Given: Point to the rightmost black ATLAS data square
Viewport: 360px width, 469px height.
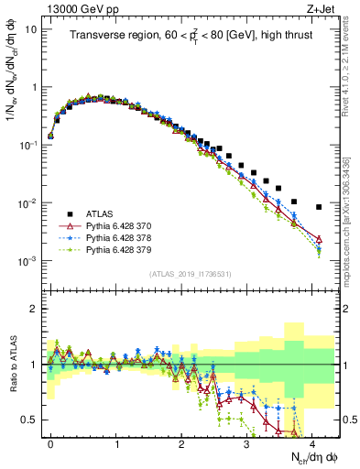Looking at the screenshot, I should point(319,207).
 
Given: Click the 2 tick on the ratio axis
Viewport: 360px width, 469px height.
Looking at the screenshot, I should point(35,309).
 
